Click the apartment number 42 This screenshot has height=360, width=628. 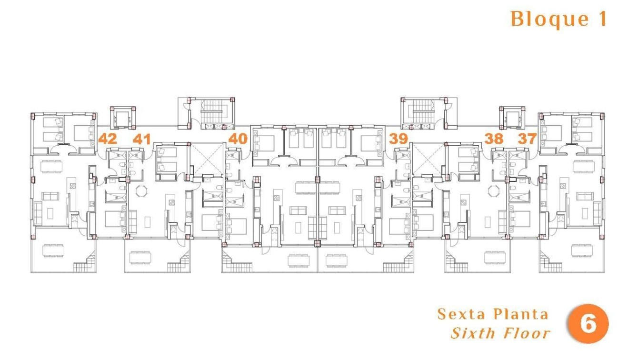pos(107,139)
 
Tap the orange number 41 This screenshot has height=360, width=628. pos(141,139)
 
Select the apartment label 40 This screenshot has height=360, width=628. pos(238,139)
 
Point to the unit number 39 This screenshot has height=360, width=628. pos(399,139)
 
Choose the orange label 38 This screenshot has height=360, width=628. pos(494,139)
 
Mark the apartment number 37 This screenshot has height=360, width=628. pos(527,139)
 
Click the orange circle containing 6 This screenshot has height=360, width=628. pos(588,324)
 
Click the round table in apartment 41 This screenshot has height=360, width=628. pos(141,191)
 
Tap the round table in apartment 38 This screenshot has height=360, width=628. pos(494,191)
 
